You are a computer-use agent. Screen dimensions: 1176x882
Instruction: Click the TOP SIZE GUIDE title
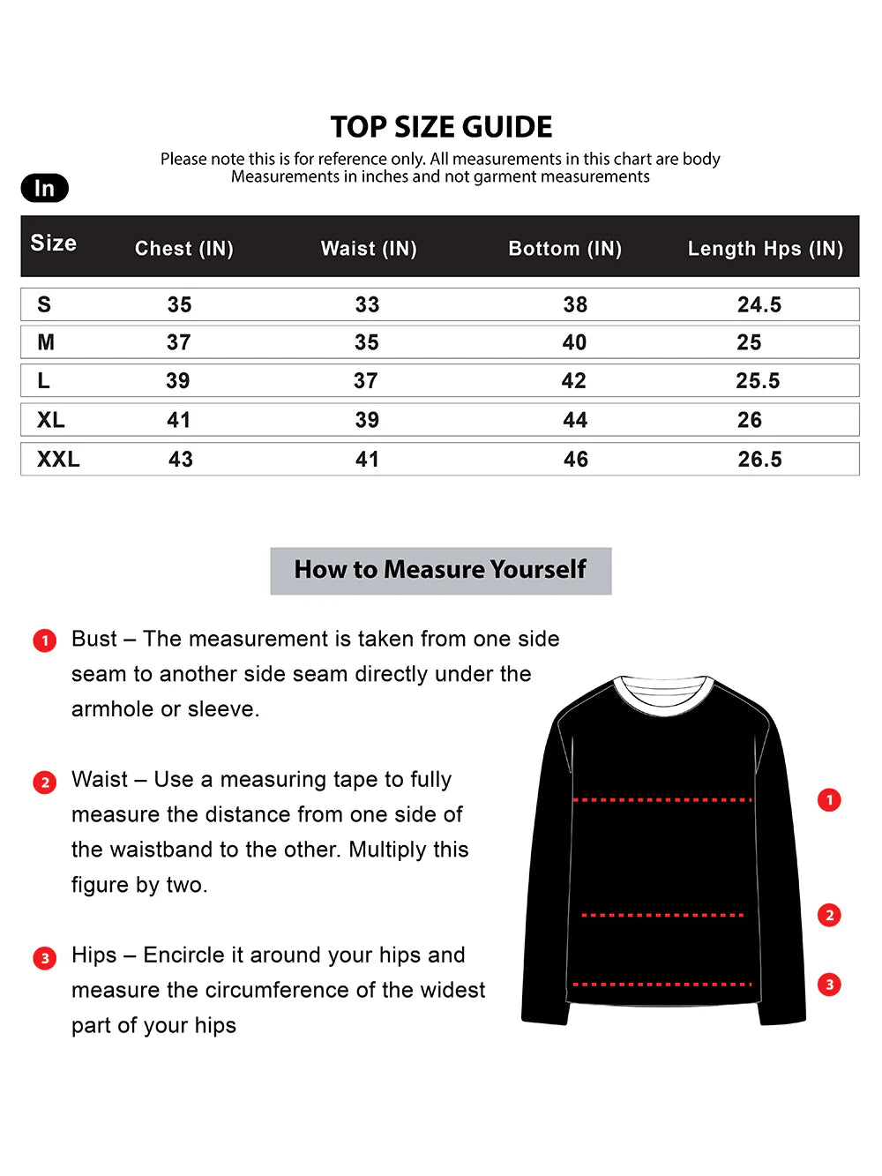(x=441, y=127)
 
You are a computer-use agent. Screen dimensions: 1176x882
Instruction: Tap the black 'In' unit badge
(x=44, y=188)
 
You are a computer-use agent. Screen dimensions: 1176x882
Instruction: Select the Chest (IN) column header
(x=183, y=249)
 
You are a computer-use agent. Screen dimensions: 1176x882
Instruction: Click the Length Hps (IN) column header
(x=765, y=249)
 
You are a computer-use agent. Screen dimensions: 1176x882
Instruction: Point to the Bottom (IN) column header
(x=564, y=249)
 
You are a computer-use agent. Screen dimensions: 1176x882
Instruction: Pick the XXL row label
(x=58, y=459)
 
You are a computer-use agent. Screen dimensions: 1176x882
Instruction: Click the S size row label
(x=44, y=304)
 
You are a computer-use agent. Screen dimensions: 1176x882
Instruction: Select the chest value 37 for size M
(x=179, y=342)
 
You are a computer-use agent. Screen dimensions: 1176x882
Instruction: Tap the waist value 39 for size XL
(x=367, y=420)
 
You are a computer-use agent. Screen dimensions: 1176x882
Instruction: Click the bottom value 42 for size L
(x=574, y=381)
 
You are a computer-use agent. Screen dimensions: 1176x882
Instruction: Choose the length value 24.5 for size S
(x=759, y=304)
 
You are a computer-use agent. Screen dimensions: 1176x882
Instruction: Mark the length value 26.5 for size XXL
(x=759, y=459)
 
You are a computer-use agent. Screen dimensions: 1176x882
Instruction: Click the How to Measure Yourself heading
(x=440, y=570)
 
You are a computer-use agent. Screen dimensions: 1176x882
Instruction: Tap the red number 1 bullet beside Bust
(x=45, y=640)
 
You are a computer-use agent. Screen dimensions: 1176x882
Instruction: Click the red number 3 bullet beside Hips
(x=45, y=958)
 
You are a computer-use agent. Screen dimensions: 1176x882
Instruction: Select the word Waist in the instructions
(x=100, y=780)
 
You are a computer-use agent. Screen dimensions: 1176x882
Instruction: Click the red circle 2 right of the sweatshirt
(x=829, y=915)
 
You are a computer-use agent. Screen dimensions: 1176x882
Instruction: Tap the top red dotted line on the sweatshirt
(x=662, y=800)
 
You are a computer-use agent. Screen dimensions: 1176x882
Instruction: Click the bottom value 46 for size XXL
(x=576, y=459)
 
